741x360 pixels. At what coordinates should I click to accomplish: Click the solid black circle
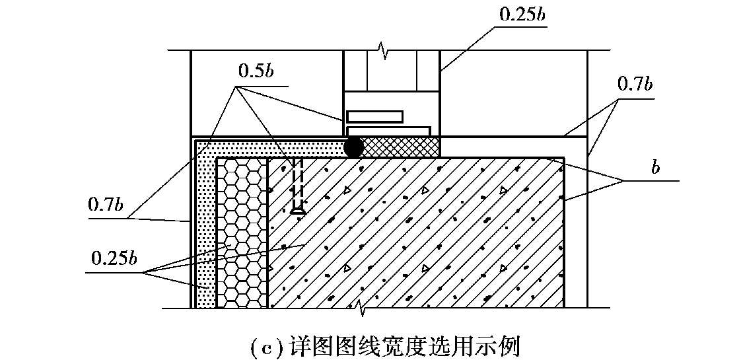click(x=354, y=147)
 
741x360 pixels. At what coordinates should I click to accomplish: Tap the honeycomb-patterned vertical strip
click(x=242, y=233)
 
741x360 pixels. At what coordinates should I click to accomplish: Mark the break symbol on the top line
click(x=381, y=48)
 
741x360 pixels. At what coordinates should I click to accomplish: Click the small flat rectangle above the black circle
click(x=375, y=116)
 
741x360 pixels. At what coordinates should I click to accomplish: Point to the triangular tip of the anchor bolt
click(x=297, y=211)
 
